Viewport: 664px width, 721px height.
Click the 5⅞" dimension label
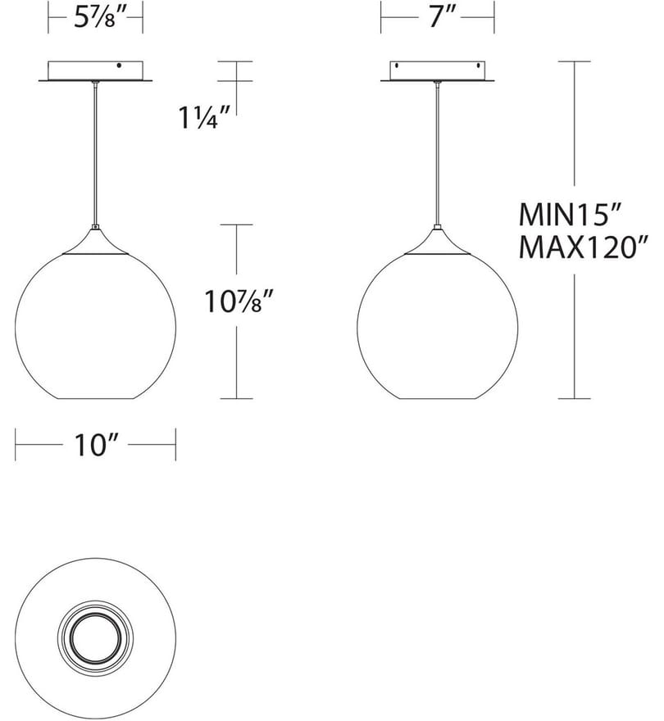click(95, 18)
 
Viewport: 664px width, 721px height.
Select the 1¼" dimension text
click(204, 117)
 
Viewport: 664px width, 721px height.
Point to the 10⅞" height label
click(239, 302)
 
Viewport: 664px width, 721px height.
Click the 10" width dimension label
click(96, 445)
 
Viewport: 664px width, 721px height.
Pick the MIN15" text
click(570, 215)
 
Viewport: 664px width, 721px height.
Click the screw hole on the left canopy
click(119, 66)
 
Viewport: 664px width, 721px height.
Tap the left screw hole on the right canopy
click(397, 66)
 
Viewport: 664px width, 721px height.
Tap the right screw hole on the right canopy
click(478, 66)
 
